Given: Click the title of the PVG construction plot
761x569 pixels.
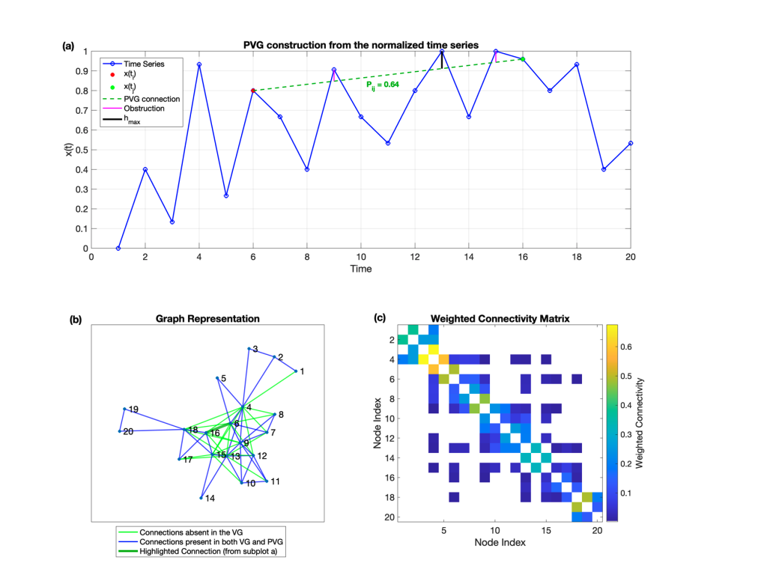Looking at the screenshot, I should (x=361, y=45).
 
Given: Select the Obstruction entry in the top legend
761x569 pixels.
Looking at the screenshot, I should (x=144, y=109).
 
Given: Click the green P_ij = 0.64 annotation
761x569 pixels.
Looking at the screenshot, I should (x=382, y=85).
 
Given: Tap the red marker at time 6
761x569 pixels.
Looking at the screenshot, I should (x=253, y=91).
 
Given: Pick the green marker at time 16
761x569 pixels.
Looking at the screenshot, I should (x=523, y=59).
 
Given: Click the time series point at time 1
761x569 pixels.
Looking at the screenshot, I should (x=118, y=248).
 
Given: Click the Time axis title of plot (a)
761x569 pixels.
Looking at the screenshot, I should (x=361, y=269).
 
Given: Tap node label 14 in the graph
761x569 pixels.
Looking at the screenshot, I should (x=210, y=498).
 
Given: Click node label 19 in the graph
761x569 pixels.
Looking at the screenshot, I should (x=133, y=410).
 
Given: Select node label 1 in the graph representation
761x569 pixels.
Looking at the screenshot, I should (x=302, y=371).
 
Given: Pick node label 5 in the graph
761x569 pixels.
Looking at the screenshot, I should (x=224, y=379).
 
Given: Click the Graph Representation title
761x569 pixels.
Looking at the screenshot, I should (x=207, y=318).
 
